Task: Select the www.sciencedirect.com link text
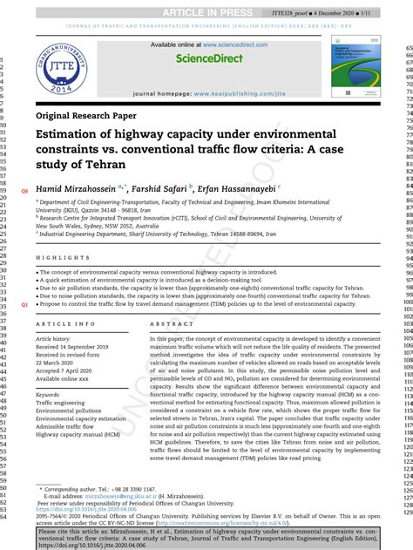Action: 220,44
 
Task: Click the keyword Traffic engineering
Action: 65,404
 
